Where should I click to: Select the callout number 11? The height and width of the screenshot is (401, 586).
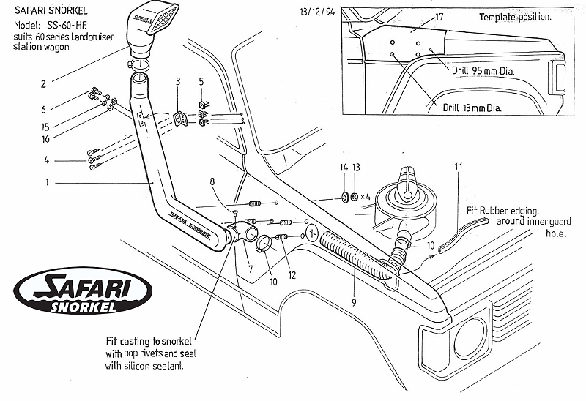click(459, 168)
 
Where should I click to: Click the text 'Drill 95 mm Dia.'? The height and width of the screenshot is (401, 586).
click(483, 72)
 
